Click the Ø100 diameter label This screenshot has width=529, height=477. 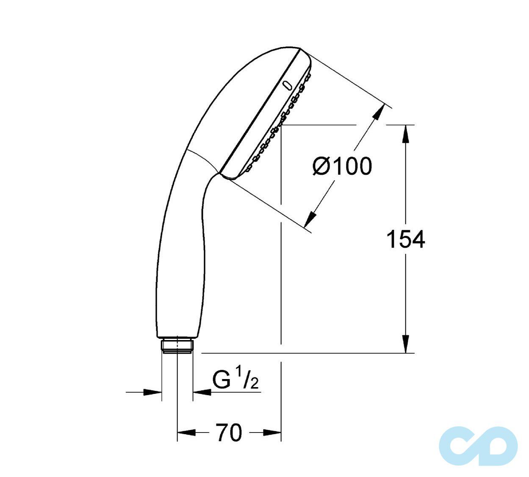tap(342, 166)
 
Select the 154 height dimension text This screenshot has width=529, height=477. tap(405, 240)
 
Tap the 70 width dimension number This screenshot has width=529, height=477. tap(229, 432)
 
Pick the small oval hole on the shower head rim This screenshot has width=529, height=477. tap(288, 85)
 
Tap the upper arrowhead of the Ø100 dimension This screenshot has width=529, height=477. tap(377, 114)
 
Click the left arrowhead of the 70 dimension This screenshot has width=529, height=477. tap(186, 432)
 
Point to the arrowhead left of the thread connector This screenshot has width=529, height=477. tap(153, 392)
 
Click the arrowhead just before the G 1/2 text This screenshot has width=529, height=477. tap(202, 392)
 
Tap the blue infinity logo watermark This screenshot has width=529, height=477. tap(479, 445)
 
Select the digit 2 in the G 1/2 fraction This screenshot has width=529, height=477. tap(254, 384)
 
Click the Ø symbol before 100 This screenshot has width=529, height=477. tap(321, 166)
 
